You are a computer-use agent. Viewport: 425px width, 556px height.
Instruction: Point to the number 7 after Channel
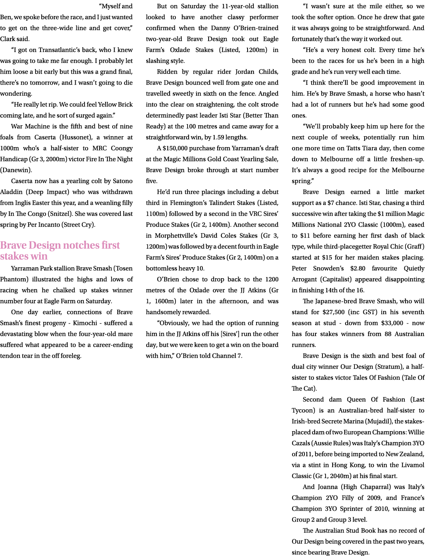(239, 345)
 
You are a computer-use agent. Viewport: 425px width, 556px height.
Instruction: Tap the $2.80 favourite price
(341, 279)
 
